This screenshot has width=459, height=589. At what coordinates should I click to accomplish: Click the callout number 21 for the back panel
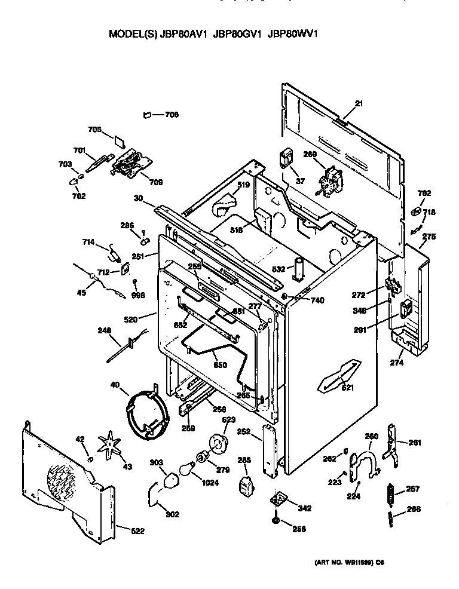(359, 104)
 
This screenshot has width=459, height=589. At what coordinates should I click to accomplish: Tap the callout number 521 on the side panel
(348, 388)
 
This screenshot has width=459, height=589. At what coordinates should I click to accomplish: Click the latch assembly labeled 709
(130, 162)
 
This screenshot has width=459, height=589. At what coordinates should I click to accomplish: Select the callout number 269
(310, 154)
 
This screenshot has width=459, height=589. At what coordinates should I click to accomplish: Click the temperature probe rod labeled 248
(127, 345)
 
